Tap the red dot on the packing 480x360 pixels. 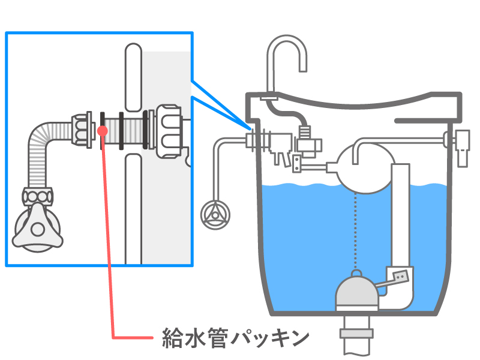click(103, 130)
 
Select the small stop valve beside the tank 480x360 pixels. click(214, 214)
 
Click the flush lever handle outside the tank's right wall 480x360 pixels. click(463, 147)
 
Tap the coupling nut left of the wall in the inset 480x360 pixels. click(82, 130)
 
